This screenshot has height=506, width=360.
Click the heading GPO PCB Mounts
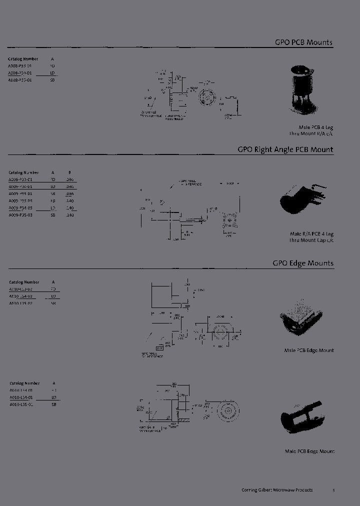coord(303,42)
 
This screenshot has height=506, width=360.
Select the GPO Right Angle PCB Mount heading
coord(285,149)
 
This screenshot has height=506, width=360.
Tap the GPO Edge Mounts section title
coord(303,263)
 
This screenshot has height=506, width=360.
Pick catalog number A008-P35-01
coord(20,80)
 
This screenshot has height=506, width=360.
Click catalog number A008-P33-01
coord(20,65)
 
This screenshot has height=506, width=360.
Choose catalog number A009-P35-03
coord(20,215)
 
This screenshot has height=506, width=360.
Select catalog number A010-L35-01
coord(21,404)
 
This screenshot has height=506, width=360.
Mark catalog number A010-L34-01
coord(21,397)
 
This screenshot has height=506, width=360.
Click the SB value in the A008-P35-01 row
coord(52,80)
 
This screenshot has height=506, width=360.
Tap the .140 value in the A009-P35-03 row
coord(69,215)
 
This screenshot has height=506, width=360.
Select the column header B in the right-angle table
coord(69,172)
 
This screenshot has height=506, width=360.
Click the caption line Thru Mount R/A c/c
coord(311,134)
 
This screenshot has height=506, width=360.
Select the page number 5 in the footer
coord(333,490)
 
